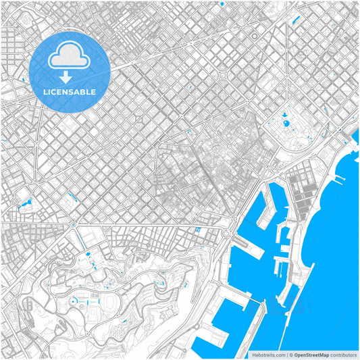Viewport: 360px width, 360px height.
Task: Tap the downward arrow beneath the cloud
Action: [69, 78]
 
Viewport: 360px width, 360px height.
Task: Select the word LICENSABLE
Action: [70, 92]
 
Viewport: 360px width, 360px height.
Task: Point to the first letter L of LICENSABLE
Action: [45, 92]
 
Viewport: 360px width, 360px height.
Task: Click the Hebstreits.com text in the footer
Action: [267, 353]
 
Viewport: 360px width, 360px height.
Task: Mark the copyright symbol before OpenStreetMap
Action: [290, 353]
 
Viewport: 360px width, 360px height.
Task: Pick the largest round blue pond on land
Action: [284, 124]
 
